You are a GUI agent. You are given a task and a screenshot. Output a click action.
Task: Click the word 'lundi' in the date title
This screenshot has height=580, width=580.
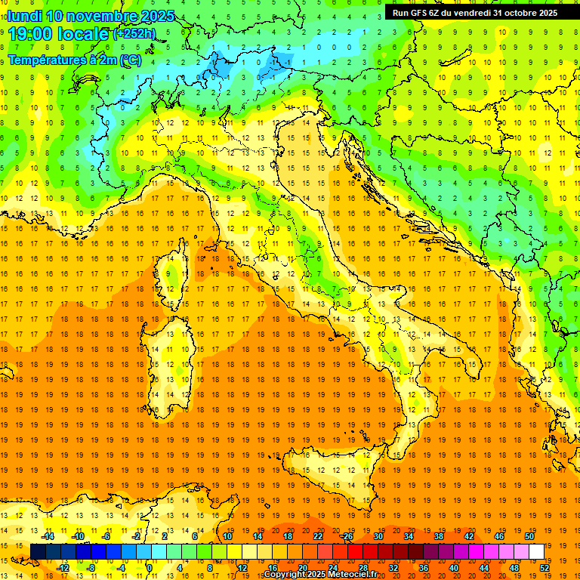[24, 16]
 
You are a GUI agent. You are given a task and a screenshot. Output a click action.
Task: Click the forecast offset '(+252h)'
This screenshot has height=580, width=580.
[134, 34]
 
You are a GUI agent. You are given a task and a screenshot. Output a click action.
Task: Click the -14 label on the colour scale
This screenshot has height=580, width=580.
[49, 536]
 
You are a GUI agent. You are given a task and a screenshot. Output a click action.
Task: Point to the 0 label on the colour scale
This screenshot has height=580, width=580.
[149, 568]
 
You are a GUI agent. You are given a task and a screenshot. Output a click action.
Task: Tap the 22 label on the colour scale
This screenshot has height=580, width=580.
[318, 536]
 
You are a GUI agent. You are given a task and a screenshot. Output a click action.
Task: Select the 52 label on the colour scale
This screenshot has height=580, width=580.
[545, 568]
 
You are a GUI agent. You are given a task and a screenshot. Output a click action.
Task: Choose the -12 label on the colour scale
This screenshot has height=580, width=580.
[63, 568]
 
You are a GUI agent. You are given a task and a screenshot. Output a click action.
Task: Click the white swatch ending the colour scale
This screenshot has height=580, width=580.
[536, 551]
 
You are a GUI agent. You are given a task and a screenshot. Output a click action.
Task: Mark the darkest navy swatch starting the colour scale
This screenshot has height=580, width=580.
[38, 551]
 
